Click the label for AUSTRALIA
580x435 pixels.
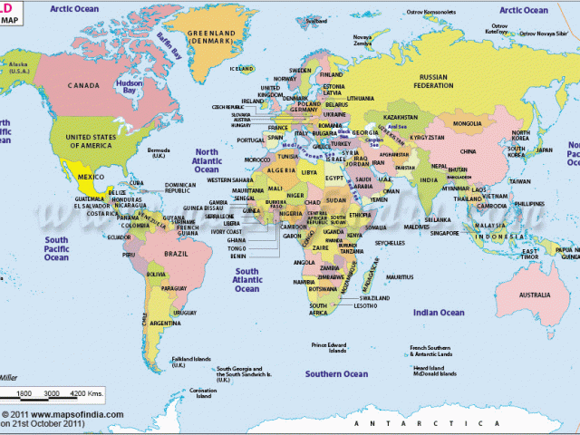[x=534, y=295]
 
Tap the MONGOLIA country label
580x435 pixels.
[x=468, y=122]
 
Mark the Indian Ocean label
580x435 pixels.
[x=440, y=313]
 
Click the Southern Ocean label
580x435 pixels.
[x=336, y=373]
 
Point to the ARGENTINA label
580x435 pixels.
[x=165, y=324]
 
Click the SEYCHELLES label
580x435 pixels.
[x=390, y=242]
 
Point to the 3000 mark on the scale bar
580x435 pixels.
[x=52, y=393]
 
